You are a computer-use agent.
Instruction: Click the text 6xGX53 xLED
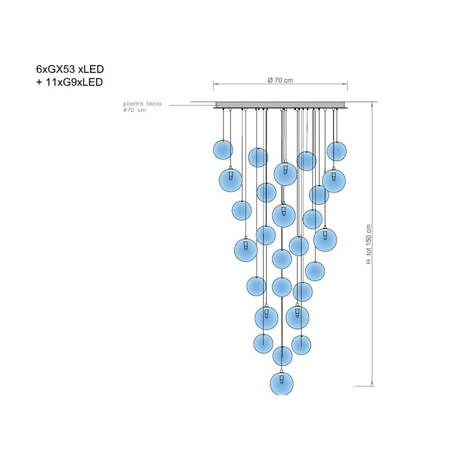70,69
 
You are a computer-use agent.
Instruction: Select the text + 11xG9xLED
69,82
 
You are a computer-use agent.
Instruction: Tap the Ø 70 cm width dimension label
280,80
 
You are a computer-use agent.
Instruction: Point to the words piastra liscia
142,104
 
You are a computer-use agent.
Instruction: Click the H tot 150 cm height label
369,244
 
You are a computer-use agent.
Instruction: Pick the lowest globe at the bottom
282,384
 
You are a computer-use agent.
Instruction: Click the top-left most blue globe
223,150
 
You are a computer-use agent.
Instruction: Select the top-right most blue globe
337,151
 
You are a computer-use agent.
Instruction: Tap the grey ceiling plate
280,105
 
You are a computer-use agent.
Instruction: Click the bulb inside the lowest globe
281,379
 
